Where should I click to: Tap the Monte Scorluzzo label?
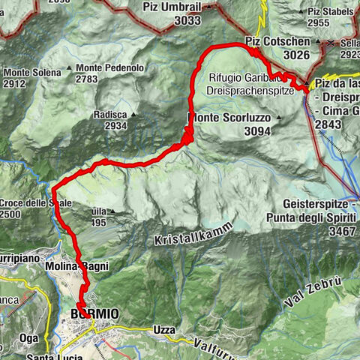pos(228,118)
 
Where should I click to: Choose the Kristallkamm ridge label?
pos(192,233)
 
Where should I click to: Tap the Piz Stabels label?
pos(329,11)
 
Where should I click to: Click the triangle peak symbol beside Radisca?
pos(133,115)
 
